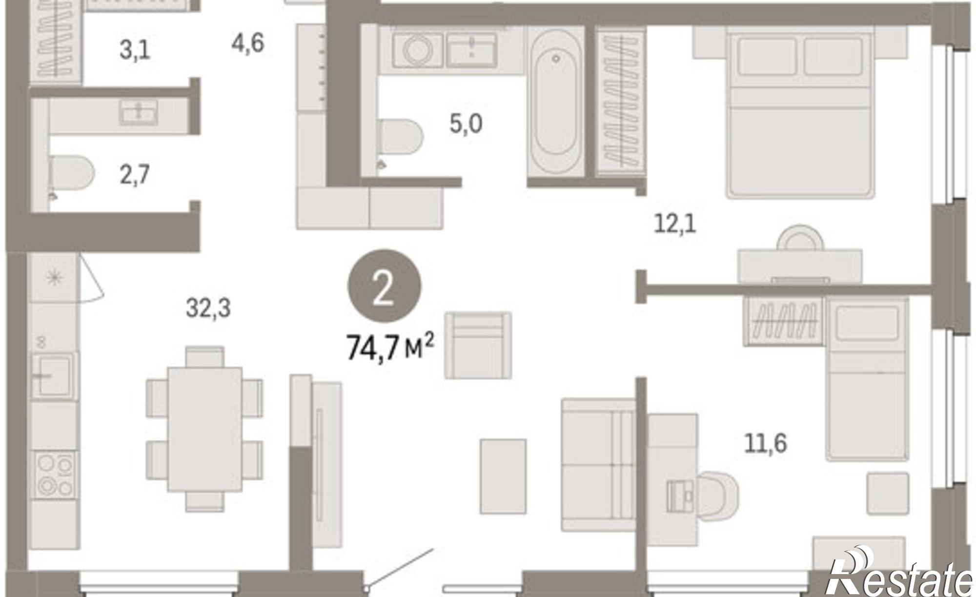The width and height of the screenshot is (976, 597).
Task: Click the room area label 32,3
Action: coord(208,308)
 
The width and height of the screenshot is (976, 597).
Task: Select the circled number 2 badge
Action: coord(384,287)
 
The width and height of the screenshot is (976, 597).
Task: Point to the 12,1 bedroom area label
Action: coord(675,225)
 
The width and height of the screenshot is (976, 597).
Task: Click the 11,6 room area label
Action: coord(765,444)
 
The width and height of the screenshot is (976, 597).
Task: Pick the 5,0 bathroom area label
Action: coord(466,124)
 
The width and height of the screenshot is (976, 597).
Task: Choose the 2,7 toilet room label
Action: coord(134,174)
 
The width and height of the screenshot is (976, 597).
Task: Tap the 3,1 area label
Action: coord(135,50)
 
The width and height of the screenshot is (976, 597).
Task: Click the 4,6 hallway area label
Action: coord(248,43)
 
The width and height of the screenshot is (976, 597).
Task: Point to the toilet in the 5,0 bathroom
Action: coord(401,142)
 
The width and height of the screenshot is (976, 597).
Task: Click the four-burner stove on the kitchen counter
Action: coord(55,473)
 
